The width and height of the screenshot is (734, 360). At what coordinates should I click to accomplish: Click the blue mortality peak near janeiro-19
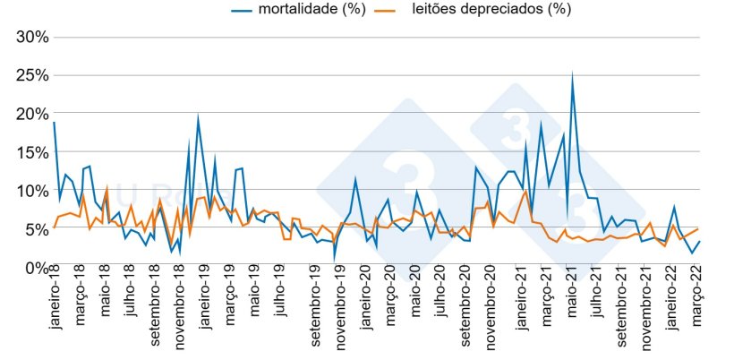coord(198,117)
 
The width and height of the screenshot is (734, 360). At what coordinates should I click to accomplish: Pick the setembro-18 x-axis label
coord(158,313)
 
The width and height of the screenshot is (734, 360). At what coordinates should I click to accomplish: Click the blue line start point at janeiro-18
coord(54,123)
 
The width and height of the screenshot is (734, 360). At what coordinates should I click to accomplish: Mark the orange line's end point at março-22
coord(698,229)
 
